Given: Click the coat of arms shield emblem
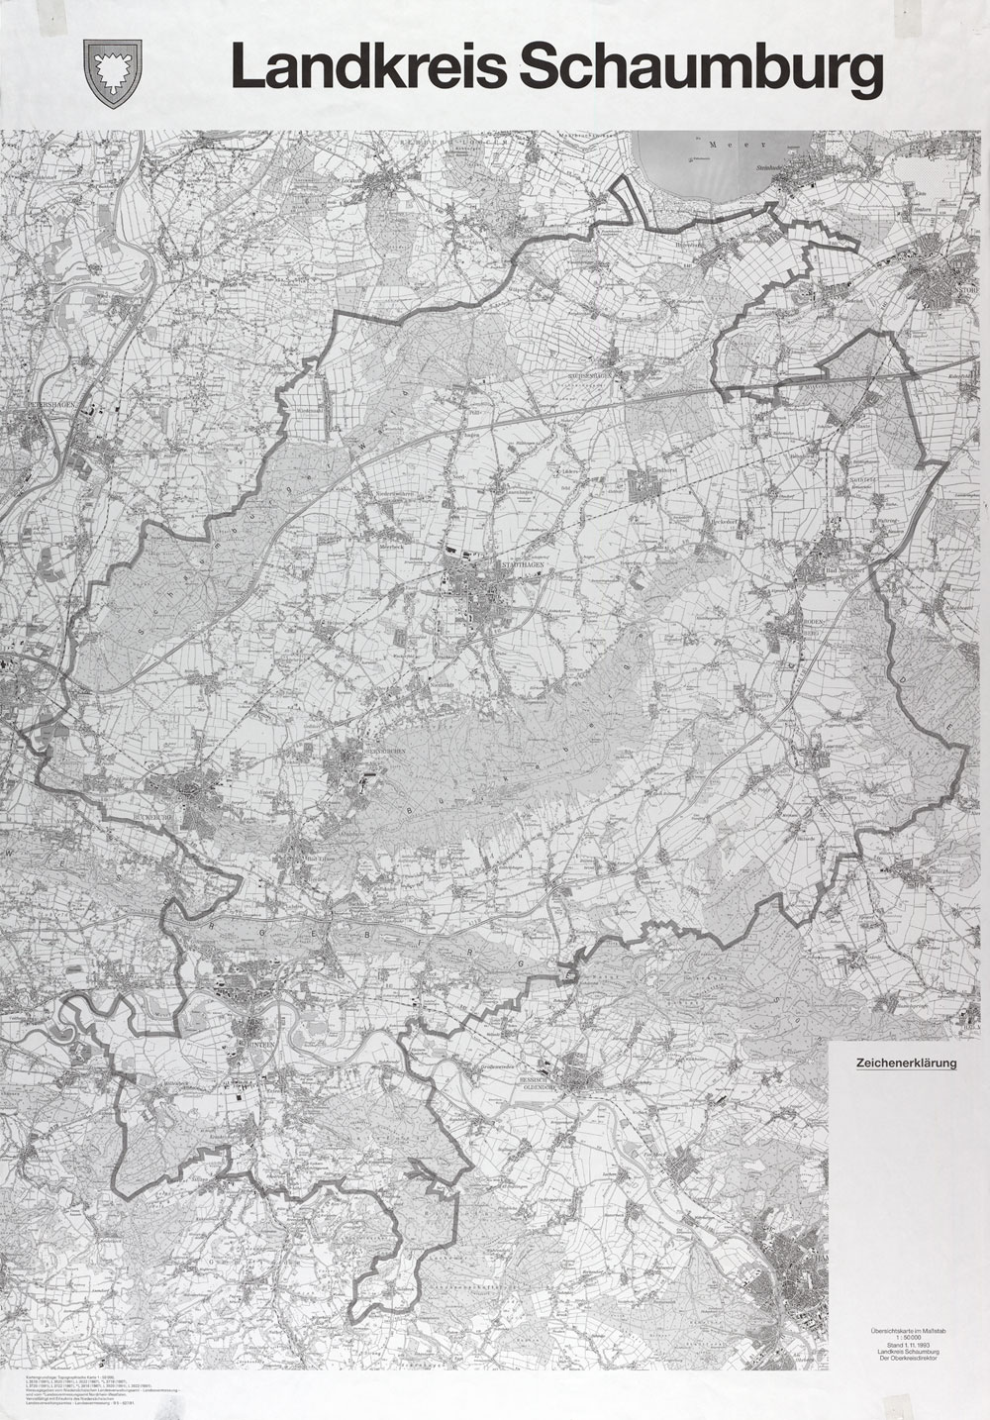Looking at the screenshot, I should coord(116,69).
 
